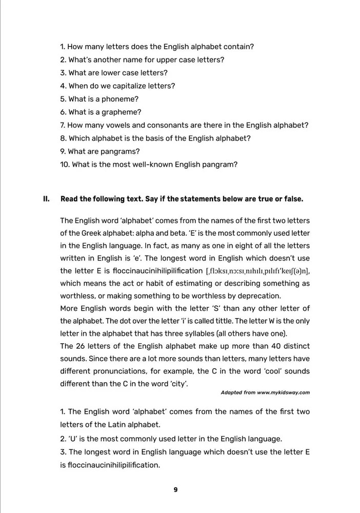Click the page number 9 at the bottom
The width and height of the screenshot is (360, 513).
click(x=175, y=489)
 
